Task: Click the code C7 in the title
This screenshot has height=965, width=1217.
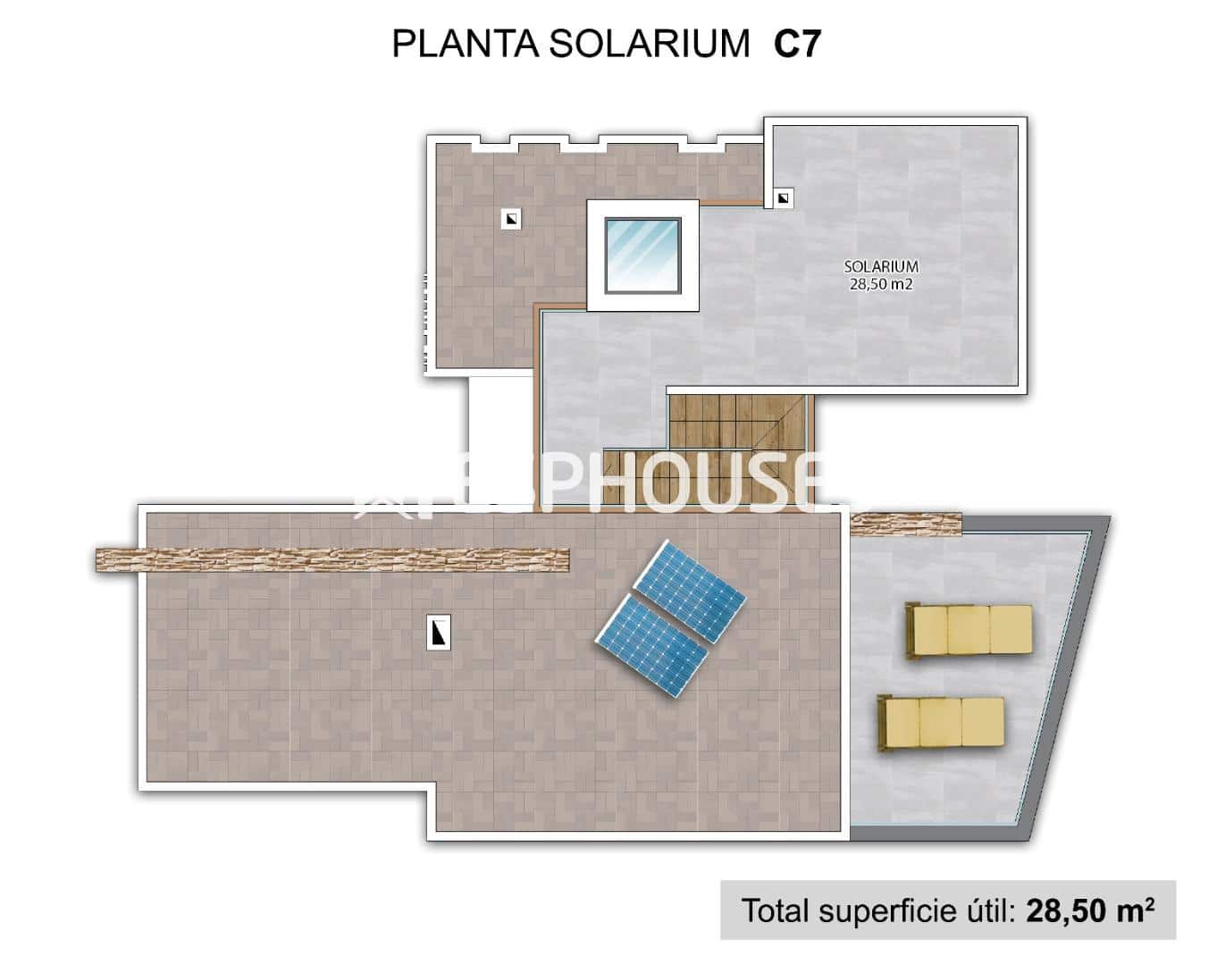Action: (x=796, y=43)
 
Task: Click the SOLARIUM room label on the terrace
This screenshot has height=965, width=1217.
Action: (x=881, y=266)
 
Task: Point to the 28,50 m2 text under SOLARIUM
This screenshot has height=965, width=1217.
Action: (x=881, y=285)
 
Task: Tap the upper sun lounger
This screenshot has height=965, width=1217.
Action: (x=969, y=630)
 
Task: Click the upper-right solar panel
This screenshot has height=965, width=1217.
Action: (x=688, y=590)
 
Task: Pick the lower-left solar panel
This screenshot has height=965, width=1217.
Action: (x=652, y=646)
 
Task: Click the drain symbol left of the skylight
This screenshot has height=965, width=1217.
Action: (x=511, y=218)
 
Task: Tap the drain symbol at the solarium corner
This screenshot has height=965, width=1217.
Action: (x=783, y=198)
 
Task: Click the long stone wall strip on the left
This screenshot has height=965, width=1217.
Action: (x=332, y=559)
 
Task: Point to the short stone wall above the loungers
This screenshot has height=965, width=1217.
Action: (x=905, y=524)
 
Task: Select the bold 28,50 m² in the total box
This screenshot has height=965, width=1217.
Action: (x=1089, y=910)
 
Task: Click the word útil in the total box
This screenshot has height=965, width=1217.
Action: (x=987, y=910)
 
